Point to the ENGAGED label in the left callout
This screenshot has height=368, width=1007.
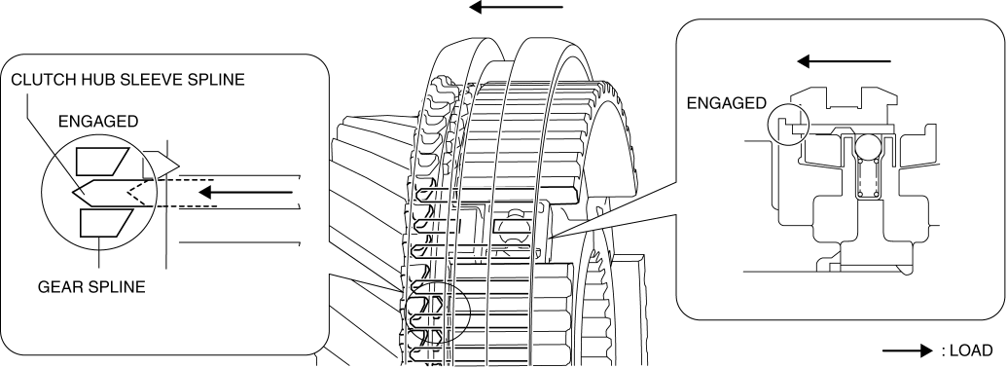97,122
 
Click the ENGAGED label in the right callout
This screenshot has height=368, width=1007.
727,103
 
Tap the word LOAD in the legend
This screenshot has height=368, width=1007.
970,350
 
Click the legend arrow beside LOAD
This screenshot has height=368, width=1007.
907,350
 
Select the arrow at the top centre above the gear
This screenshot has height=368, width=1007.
516,8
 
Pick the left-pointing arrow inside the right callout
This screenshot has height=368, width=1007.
844,61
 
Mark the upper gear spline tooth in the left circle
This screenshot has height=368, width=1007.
103,161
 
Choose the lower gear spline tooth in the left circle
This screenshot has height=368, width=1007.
105,223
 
